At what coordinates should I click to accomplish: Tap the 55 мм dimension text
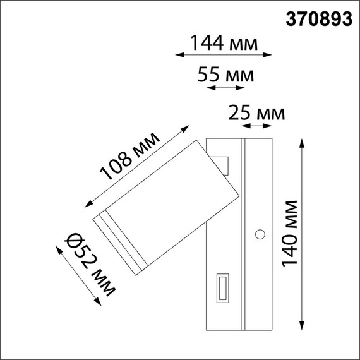pyautogui.click(x=225, y=76)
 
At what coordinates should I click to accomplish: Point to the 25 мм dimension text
pyautogui.click(x=256, y=114)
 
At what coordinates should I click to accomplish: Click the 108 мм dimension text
pyautogui.click(x=131, y=156)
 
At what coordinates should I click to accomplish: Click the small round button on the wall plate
pyautogui.click(x=259, y=236)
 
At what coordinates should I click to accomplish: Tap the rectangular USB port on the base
pyautogui.click(x=223, y=289)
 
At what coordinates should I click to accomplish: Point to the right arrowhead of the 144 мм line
pyautogui.click(x=270, y=56)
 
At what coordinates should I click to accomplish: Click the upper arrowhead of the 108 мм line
pyautogui.click(x=184, y=130)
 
